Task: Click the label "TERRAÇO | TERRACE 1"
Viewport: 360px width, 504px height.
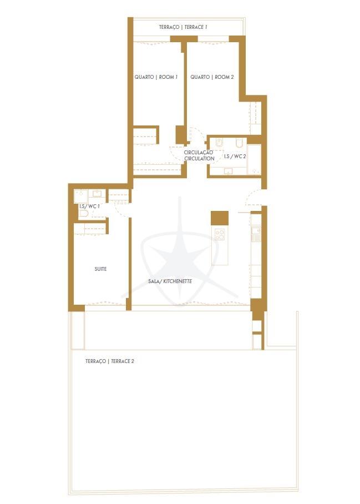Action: (182, 27)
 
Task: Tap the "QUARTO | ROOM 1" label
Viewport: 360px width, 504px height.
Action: (156, 77)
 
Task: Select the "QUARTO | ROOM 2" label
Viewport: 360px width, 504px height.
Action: (212, 77)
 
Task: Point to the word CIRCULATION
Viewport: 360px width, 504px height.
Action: (199, 158)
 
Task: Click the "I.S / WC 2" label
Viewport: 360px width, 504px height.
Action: (235, 156)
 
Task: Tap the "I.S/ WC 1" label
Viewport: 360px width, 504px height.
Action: (89, 206)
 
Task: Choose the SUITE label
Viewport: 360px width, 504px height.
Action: (100, 269)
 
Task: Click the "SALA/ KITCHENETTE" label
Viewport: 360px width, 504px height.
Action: (170, 281)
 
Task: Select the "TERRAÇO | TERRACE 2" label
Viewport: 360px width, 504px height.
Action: (109, 361)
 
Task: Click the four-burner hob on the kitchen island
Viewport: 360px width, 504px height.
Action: (220, 234)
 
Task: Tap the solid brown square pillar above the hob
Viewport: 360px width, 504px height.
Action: (220, 218)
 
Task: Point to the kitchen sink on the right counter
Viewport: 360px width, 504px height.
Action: (256, 234)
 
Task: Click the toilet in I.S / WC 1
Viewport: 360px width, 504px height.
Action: (84, 214)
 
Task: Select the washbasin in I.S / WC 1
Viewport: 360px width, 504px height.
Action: (97, 194)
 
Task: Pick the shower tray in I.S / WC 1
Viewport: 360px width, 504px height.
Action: (81, 196)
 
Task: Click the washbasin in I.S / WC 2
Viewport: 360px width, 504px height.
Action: (229, 170)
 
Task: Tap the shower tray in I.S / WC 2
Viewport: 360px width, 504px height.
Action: (254, 159)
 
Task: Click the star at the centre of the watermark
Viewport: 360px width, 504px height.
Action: (180, 254)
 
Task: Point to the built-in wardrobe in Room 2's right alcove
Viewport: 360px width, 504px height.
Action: (256, 118)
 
